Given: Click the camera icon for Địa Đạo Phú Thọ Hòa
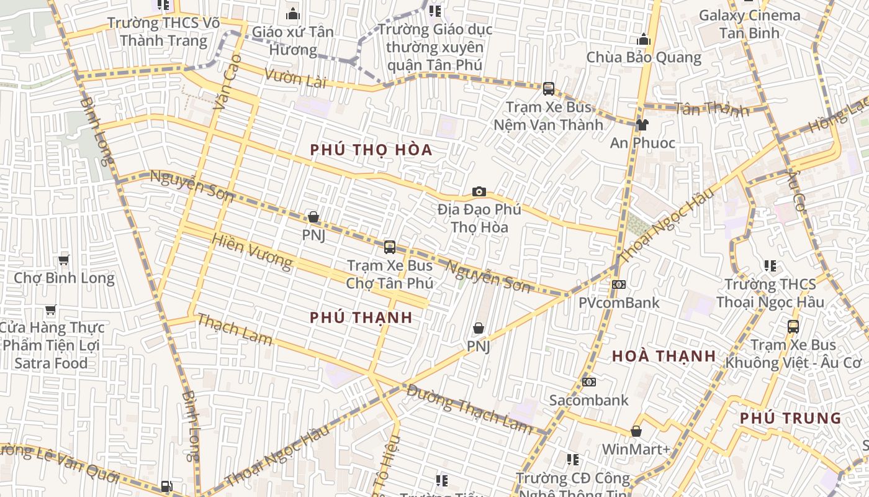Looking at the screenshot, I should click(x=479, y=191).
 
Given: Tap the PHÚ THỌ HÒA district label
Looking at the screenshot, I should click(x=371, y=150).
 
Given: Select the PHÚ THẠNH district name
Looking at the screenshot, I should click(x=361, y=317).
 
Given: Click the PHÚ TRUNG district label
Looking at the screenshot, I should click(x=790, y=418).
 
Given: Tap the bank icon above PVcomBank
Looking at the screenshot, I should click(x=618, y=285).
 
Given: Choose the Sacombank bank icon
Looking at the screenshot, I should click(x=588, y=381).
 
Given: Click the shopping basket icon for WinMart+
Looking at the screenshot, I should click(x=636, y=431).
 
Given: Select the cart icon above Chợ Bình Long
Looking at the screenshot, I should click(x=63, y=260).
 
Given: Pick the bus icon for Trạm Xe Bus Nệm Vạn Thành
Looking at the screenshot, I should click(x=548, y=89).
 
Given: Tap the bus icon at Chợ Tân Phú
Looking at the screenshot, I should click(x=389, y=247).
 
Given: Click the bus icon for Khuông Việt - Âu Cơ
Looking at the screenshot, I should click(x=793, y=326).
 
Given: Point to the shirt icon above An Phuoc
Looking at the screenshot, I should click(x=642, y=125).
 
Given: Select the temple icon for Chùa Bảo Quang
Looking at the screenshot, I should click(x=644, y=40).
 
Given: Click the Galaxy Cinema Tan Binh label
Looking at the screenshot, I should click(x=749, y=24).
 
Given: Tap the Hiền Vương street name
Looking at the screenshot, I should click(x=251, y=251).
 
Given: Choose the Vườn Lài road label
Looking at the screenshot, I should click(x=295, y=78).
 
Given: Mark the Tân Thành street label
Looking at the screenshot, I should click(x=711, y=109).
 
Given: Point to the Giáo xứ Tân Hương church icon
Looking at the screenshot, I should click(x=292, y=14).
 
